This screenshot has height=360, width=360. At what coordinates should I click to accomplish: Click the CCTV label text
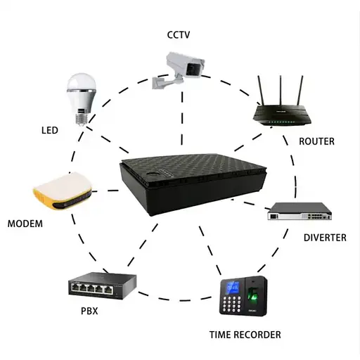tap(179, 34)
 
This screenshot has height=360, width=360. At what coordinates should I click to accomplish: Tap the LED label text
tap(49, 131)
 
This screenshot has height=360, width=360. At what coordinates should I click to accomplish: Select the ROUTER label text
tap(316, 141)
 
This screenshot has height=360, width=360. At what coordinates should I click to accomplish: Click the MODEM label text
tap(25, 224)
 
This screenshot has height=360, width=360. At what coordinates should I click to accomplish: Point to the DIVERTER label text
tap(325, 238)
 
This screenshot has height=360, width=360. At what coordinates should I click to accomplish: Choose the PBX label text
tap(89, 310)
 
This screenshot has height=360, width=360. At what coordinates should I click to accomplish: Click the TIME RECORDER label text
tap(245, 335)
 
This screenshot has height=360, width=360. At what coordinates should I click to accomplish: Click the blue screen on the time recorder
tap(233, 288)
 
